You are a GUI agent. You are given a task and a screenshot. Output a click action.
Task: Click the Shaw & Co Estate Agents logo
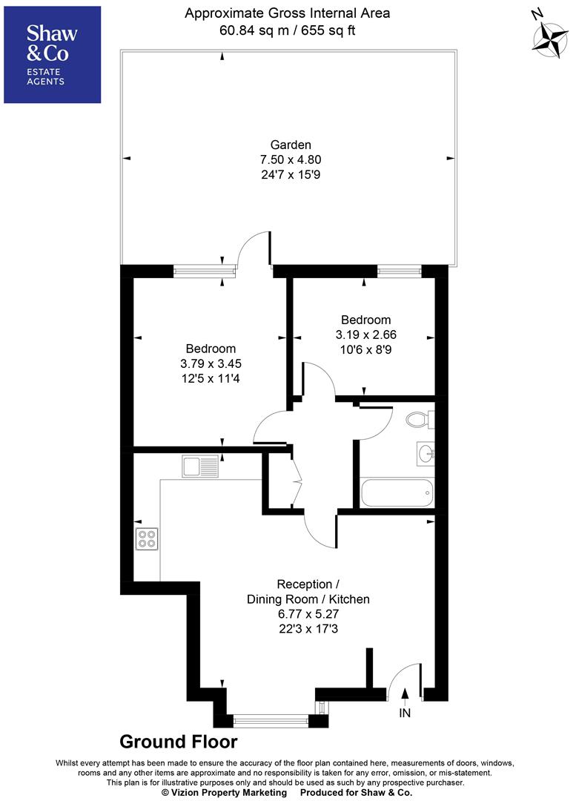point(53,55)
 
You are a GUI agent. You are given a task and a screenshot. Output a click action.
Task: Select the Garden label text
point(291,145)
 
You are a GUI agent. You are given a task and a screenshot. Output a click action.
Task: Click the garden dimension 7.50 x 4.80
point(291,159)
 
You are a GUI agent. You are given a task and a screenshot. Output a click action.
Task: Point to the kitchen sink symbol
point(199,466)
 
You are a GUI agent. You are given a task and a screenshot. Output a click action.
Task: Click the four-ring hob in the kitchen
point(147,538)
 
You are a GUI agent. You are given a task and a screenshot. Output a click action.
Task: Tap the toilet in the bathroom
point(420,421)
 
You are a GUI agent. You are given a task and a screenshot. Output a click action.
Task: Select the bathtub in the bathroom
point(397,492)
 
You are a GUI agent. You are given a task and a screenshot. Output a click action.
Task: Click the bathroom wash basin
point(425,452)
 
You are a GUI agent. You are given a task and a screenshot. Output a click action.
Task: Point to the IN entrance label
point(405,713)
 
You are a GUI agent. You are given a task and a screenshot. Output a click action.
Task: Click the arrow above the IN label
point(405,695)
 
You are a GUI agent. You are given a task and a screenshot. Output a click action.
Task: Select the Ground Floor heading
point(179,742)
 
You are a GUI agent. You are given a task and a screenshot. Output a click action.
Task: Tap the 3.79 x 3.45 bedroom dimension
point(211,363)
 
